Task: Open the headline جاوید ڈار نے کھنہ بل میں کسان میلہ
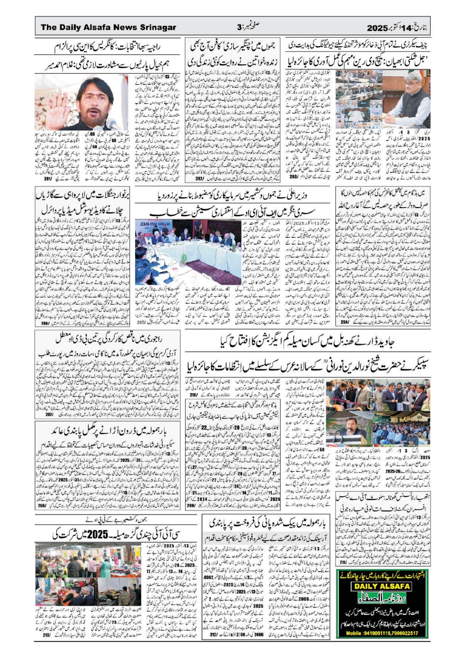[307, 343]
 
